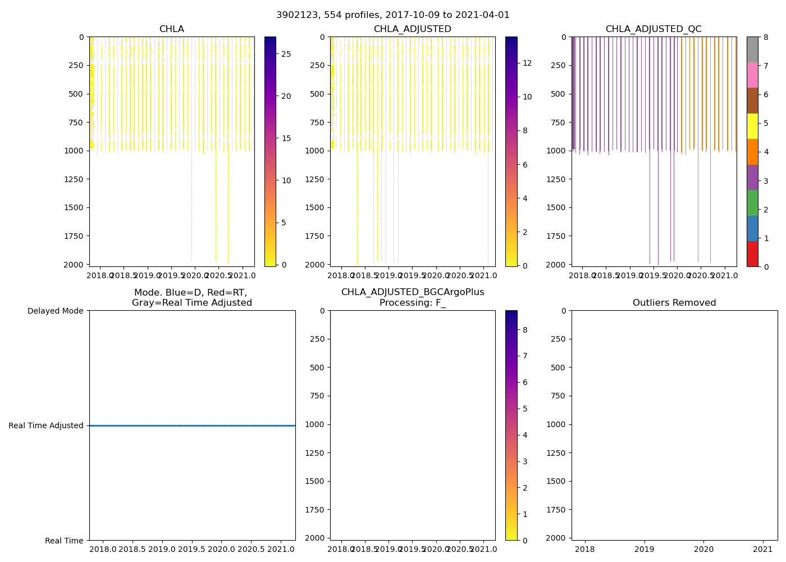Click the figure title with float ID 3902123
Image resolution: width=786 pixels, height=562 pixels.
(x=392, y=15)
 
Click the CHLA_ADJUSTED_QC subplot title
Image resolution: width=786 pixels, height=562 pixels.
(x=653, y=29)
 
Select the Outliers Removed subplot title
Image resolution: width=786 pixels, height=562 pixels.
(x=674, y=303)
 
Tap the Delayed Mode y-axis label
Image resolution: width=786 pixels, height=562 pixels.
(x=55, y=311)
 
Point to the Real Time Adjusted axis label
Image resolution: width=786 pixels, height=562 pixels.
(x=45, y=425)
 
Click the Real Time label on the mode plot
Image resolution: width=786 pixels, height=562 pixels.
(x=64, y=541)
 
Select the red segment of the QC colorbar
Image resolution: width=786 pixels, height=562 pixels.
(x=752, y=253)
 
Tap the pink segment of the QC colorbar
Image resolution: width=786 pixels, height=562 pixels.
(x=752, y=75)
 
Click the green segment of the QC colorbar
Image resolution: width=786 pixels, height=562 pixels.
(x=752, y=202)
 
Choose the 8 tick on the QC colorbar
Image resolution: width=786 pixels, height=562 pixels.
(x=765, y=37)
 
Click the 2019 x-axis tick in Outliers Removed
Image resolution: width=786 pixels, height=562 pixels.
(x=645, y=549)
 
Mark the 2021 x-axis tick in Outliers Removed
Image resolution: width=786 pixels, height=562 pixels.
(x=762, y=549)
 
